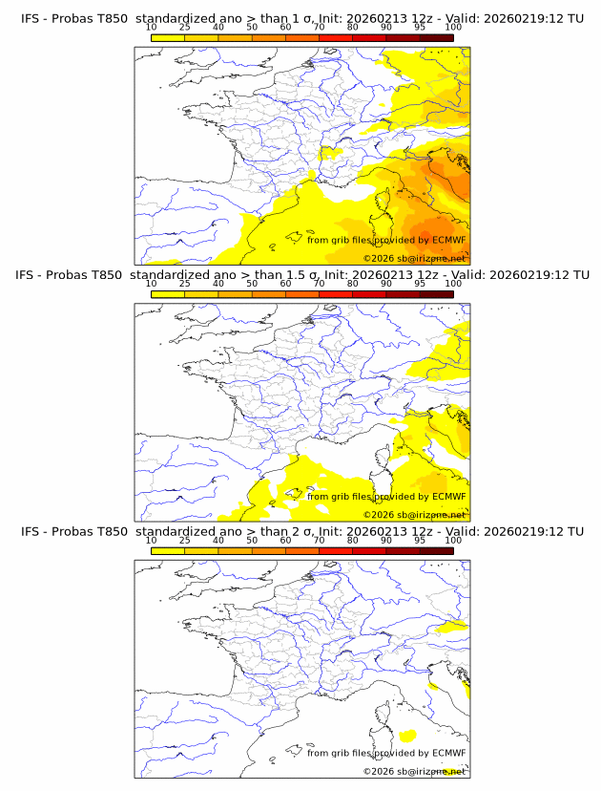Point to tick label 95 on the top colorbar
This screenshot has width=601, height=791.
420,28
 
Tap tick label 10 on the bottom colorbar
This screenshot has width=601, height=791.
151,540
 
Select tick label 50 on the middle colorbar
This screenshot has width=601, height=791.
252,284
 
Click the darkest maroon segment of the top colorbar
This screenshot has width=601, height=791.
436,37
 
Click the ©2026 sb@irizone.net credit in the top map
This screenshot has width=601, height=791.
414,259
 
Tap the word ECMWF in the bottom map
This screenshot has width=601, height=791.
448,753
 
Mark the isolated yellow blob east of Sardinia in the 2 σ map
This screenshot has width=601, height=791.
408,736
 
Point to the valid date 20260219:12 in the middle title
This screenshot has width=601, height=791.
527,275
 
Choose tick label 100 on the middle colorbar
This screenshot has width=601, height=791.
453,284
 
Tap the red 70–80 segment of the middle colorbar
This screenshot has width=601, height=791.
336,294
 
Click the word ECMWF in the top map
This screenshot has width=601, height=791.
448,240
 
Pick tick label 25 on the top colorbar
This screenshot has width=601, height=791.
184,28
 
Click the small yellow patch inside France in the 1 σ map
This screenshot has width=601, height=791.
330,151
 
